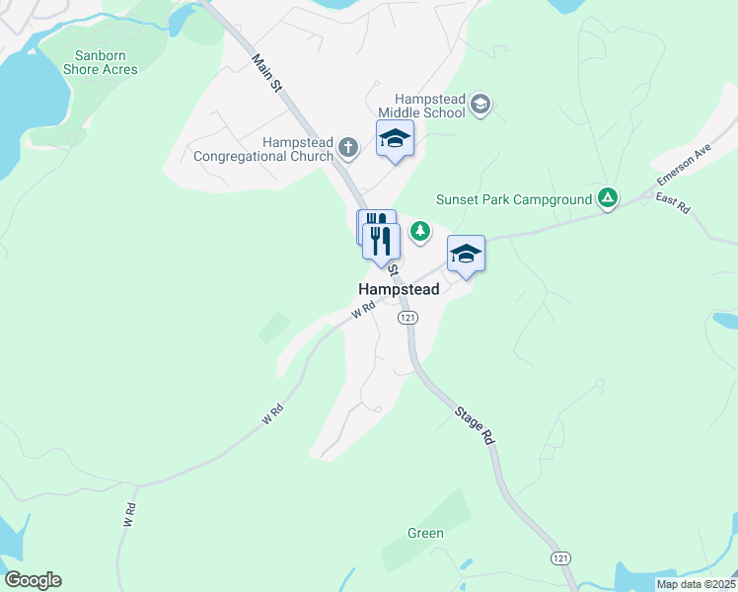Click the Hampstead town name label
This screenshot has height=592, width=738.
[x=398, y=290]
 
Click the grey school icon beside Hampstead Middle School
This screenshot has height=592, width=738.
[x=480, y=105]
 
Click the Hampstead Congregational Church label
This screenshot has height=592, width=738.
[x=263, y=149]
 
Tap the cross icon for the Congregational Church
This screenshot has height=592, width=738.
[x=347, y=148]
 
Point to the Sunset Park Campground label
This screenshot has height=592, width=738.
[x=512, y=199]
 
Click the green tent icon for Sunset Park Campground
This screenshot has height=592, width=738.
[x=609, y=199]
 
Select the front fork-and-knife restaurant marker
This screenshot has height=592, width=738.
[x=380, y=240]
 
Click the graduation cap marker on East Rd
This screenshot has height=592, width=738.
[x=467, y=255]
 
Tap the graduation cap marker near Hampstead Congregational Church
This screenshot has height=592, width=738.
[x=395, y=139]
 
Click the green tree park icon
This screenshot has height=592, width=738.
[x=421, y=231]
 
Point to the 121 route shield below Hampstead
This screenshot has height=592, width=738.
[x=408, y=318]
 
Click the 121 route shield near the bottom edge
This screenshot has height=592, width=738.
[x=560, y=558]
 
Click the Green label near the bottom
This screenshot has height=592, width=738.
[x=425, y=534]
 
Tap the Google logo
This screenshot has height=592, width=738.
[x=33, y=580]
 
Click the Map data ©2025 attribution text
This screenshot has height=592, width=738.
[x=695, y=584]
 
